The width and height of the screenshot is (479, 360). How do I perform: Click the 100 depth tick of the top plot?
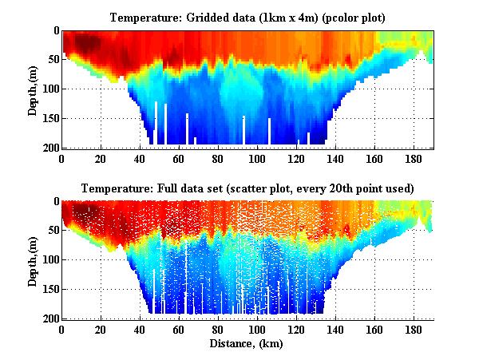[x=49, y=89]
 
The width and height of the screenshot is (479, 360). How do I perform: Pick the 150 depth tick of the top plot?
[x=49, y=118]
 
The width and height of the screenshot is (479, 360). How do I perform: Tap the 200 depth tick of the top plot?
[x=49, y=148]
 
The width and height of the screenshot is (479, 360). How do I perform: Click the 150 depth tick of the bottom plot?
[x=49, y=290]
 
